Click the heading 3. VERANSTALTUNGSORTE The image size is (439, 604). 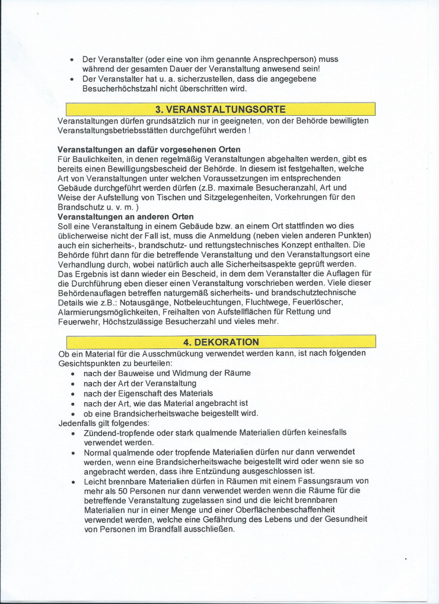[x=220, y=109]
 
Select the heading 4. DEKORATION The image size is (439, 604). [x=220, y=342]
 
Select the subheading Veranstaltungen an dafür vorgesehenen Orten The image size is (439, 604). [x=149, y=149]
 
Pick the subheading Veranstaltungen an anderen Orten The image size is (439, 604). [x=125, y=217]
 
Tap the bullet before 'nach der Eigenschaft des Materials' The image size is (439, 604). [x=72, y=394]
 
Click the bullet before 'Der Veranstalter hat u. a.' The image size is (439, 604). [x=72, y=79]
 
